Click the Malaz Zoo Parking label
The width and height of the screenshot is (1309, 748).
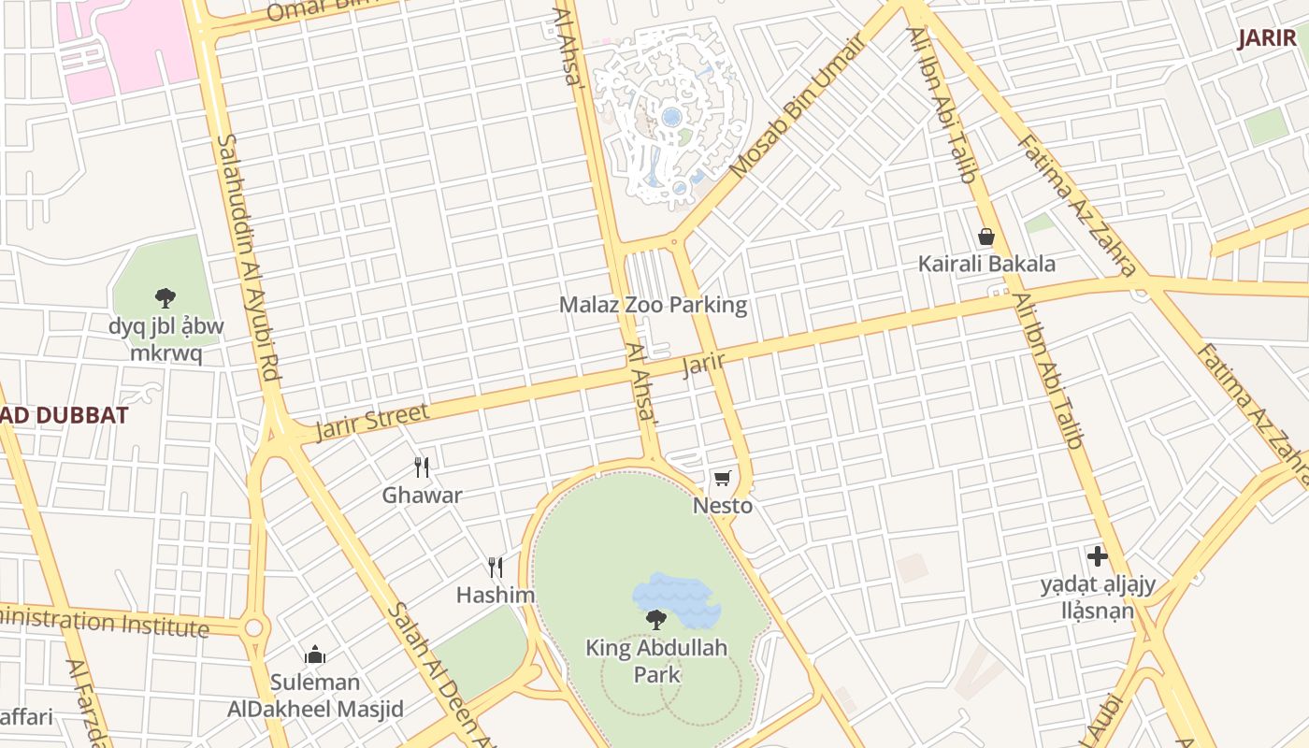(x=653, y=305)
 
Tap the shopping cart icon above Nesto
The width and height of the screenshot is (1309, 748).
(x=721, y=479)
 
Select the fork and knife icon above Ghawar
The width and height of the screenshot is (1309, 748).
(x=422, y=467)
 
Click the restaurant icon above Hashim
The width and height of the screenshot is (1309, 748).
(x=496, y=567)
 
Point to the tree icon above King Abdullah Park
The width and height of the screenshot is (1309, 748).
(x=656, y=618)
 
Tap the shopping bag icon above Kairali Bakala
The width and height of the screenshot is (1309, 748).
(x=986, y=237)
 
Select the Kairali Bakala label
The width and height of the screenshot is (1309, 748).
(x=986, y=264)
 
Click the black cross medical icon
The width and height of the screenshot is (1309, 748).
(x=1098, y=557)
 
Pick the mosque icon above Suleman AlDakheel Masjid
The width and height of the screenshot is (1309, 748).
(x=315, y=654)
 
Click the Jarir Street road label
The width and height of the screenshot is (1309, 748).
(x=372, y=421)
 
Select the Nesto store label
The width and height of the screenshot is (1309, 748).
(x=722, y=506)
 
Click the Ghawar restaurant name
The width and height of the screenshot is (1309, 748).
(x=422, y=495)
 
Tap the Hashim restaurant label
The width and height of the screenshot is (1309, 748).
(x=496, y=595)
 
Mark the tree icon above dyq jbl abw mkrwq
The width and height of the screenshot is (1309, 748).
(x=165, y=298)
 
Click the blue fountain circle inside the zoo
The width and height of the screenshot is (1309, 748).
(x=670, y=117)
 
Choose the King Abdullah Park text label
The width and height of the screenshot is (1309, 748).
(x=656, y=660)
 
